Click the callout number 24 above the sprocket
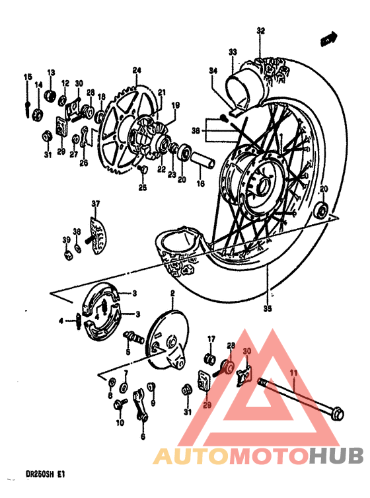pyautogui.click(x=137, y=70)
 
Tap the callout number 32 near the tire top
pyautogui.click(x=260, y=31)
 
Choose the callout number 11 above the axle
pyautogui.click(x=293, y=373)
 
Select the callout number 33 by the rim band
pyautogui.click(x=233, y=52)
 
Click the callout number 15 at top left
pyautogui.click(x=27, y=77)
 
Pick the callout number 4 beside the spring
pyautogui.click(x=61, y=321)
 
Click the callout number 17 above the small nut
pyautogui.click(x=211, y=339)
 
